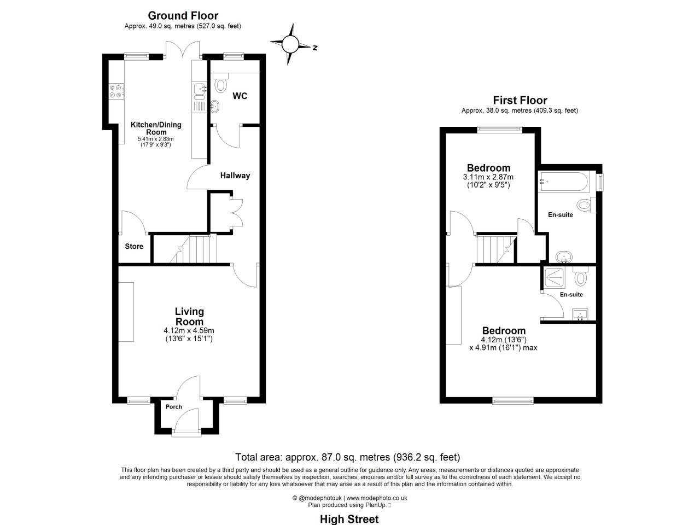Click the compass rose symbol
(291, 44)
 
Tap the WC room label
(240, 96)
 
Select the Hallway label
(235, 176)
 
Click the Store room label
(134, 247)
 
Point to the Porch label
(174, 407)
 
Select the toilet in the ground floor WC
(221, 84)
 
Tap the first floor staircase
(495, 249)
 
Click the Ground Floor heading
(183, 16)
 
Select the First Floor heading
(520, 100)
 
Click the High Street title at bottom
(349, 519)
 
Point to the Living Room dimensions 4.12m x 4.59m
(189, 331)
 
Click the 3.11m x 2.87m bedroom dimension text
(488, 177)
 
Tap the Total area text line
(347, 457)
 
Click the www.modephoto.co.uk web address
(377, 498)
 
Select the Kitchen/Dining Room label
(156, 129)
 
